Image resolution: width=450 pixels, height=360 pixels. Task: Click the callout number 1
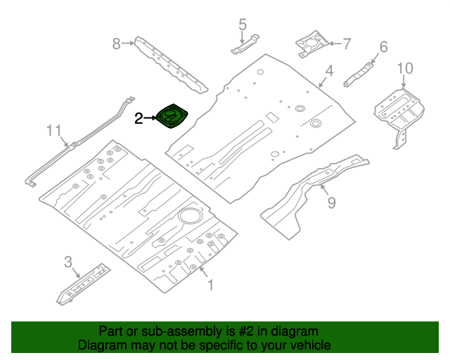208,285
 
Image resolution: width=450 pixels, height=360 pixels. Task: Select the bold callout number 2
139,119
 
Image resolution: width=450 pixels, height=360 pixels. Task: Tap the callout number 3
68,262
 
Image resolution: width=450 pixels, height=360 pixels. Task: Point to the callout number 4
328,70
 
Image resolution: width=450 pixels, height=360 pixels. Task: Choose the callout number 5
243,25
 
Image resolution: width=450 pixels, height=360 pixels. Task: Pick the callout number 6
383,47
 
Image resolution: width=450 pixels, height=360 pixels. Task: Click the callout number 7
346,44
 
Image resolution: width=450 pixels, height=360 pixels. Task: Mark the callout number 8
117,44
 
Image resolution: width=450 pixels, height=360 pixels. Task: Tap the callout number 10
404,68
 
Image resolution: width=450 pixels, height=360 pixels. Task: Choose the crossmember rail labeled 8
170,65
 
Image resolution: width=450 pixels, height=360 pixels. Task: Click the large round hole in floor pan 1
189,216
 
